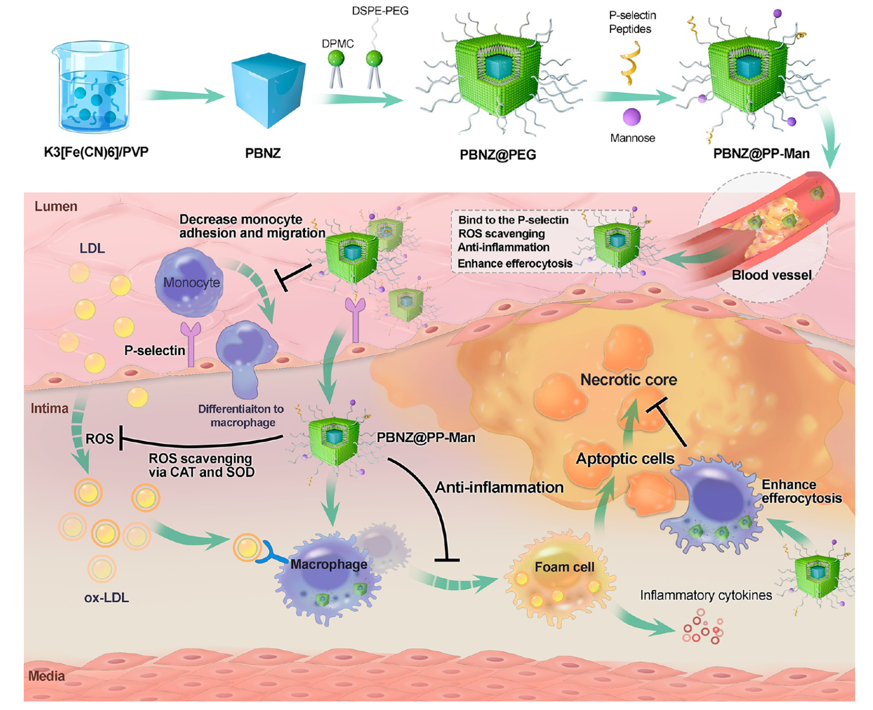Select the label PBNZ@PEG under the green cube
pos(498,155)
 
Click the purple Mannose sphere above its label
pos(632,117)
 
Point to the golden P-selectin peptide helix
pos(630,63)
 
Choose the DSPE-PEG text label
pos(380,11)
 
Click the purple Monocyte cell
pos(190,283)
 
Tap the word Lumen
pos(56,206)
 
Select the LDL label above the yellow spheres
pos(92,248)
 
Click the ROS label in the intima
pos(100,439)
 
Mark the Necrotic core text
pos(628,380)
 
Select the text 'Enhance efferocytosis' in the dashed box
pos(515,264)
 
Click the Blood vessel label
pos(771,275)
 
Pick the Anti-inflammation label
pos(499,488)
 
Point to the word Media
pos(47,676)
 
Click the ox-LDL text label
pos(106,598)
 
